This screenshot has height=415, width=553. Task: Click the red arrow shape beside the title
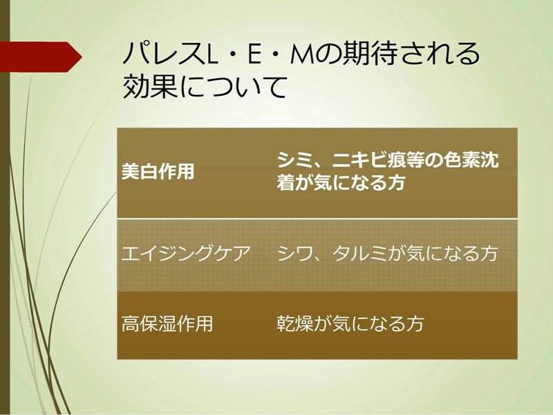pyautogui.click(x=41, y=57)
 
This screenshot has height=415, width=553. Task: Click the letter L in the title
pyautogui.click(x=212, y=55)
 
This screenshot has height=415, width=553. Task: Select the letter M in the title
pyautogui.click(x=303, y=55)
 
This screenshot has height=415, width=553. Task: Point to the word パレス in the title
pyautogui.click(x=164, y=55)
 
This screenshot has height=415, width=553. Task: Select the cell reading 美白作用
pyautogui.click(x=158, y=171)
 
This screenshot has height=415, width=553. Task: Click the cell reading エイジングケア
pyautogui.click(x=186, y=253)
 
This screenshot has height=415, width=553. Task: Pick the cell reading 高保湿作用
pyautogui.click(x=167, y=323)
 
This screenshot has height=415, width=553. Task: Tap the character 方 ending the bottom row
pyautogui.click(x=414, y=323)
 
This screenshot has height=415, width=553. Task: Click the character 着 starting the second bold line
pyautogui.click(x=286, y=182)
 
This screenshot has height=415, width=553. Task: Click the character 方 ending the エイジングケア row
pyautogui.click(x=488, y=253)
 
